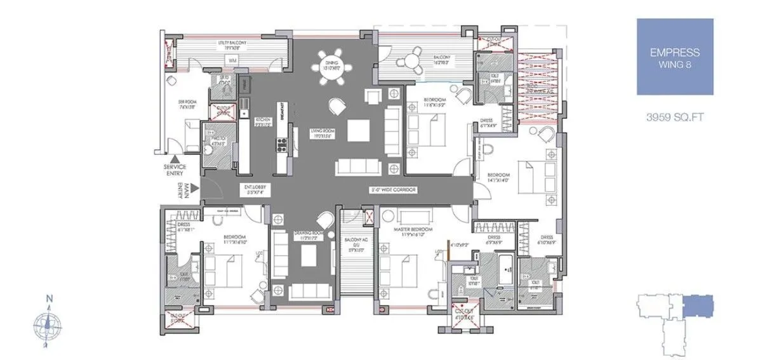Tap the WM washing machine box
(232, 59)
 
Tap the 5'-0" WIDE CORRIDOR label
(394, 189)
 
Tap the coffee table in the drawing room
(309, 256)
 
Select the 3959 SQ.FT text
(674, 117)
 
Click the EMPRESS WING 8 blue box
(674, 57)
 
